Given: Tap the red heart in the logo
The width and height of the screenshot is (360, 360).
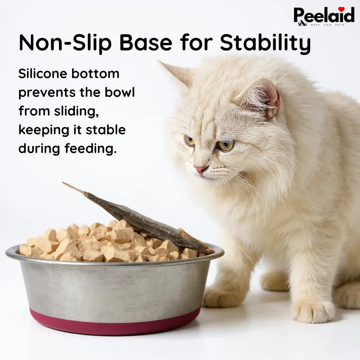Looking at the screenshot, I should click(341, 9).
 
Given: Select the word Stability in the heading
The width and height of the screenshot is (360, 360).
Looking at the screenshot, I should click(265, 43).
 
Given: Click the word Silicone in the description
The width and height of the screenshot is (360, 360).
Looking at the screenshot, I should click(42, 73).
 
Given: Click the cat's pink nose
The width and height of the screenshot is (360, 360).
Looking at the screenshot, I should click(201, 169).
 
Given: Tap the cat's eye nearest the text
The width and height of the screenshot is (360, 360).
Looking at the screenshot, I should click(190, 140).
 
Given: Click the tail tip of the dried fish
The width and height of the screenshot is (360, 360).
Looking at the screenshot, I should click(67, 185).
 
